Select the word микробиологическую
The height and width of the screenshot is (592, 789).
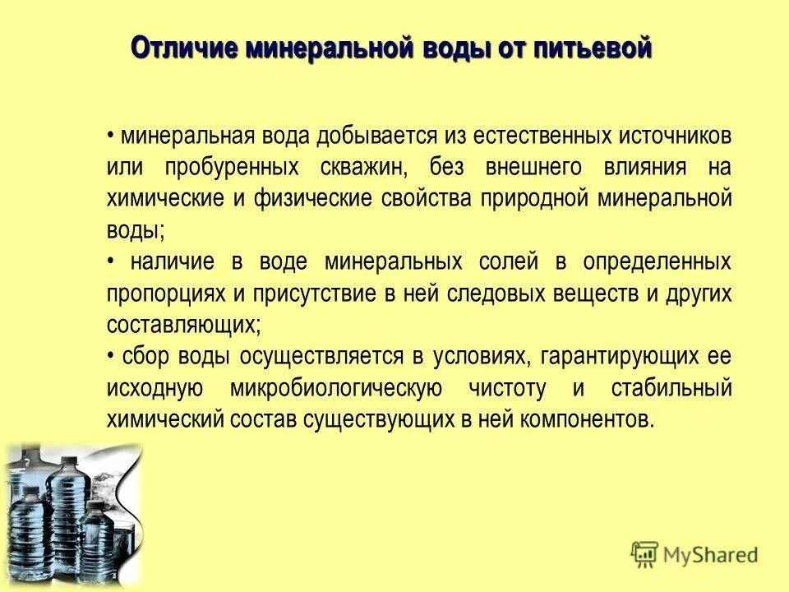pos(337,388)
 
